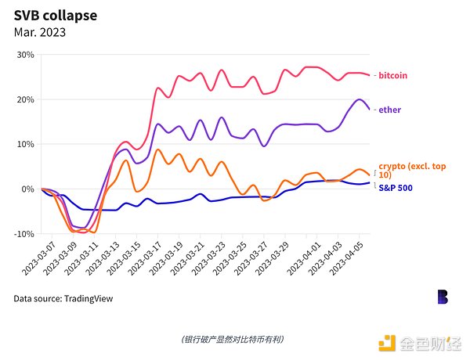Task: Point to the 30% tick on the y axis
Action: tap(26, 55)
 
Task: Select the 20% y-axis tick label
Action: tap(26, 99)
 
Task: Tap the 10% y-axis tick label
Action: tap(26, 144)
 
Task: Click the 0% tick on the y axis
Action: tap(29, 189)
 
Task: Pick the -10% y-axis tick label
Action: tap(24, 233)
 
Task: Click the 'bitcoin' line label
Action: tap(394, 76)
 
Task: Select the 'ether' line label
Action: tap(390, 110)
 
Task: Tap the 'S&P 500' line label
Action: tap(396, 188)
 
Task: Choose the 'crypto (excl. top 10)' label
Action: tap(404, 171)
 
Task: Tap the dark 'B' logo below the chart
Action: tap(443, 297)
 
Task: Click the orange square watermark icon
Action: tap(388, 342)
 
